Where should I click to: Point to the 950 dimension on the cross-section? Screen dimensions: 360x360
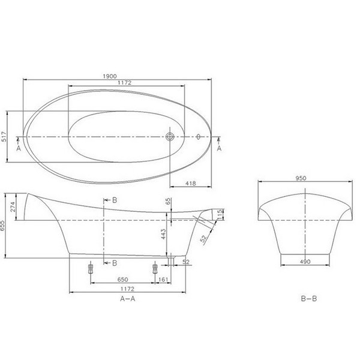tap(305, 179)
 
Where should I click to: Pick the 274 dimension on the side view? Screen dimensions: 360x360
tap(12, 207)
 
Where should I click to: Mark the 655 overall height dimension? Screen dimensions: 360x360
tap(4, 227)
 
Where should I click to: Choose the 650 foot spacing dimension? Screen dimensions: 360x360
tap(123, 279)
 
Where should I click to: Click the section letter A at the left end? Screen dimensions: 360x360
tap(19, 148)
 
